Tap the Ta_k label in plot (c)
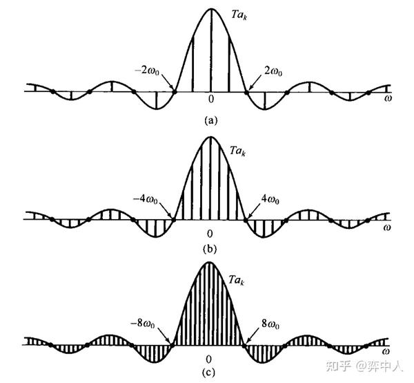click(x=239, y=281)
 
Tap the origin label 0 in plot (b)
click(x=210, y=232)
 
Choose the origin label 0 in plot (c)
click(x=209, y=359)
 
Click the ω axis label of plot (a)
click(x=387, y=99)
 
